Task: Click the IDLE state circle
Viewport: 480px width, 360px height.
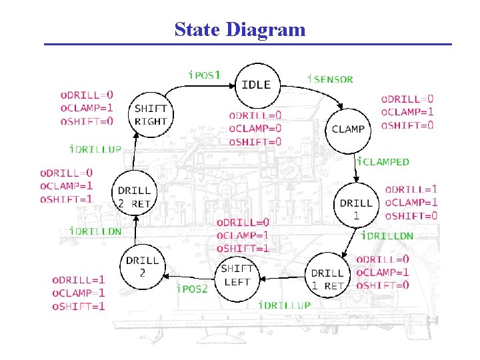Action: click(256, 85)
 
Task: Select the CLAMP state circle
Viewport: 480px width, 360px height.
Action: click(348, 129)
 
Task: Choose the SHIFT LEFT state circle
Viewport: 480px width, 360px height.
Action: click(237, 275)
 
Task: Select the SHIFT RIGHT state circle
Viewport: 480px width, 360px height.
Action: click(151, 115)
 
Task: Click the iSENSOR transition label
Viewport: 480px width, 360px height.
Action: click(330, 79)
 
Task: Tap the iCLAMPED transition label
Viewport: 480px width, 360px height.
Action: click(383, 161)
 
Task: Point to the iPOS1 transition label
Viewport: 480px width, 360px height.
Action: click(204, 75)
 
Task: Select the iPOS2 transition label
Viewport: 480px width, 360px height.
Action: click(192, 289)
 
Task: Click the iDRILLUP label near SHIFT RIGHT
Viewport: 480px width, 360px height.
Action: click(96, 149)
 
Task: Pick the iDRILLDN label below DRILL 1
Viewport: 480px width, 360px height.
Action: click(387, 235)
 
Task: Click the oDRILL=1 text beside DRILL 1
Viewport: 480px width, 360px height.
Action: click(411, 190)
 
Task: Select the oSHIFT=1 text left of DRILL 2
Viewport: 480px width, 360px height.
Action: click(79, 307)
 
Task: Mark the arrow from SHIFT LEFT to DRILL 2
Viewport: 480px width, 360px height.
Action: click(189, 275)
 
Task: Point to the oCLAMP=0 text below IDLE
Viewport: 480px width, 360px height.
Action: click(255, 128)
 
